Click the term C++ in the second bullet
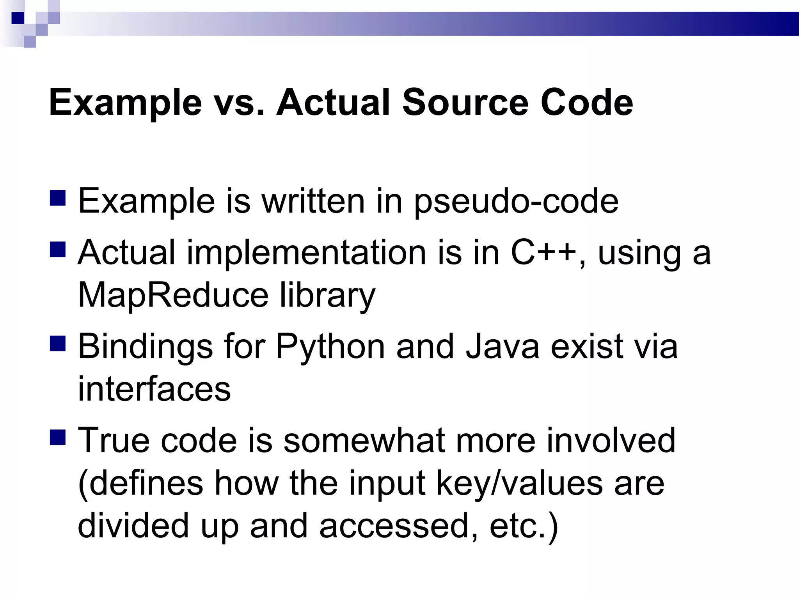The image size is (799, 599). (x=543, y=253)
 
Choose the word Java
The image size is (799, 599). (x=502, y=346)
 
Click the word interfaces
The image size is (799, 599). (x=154, y=389)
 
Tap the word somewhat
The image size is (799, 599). (x=364, y=440)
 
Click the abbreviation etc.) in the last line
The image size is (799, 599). (x=524, y=526)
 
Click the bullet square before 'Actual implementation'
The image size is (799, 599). (x=58, y=250)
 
